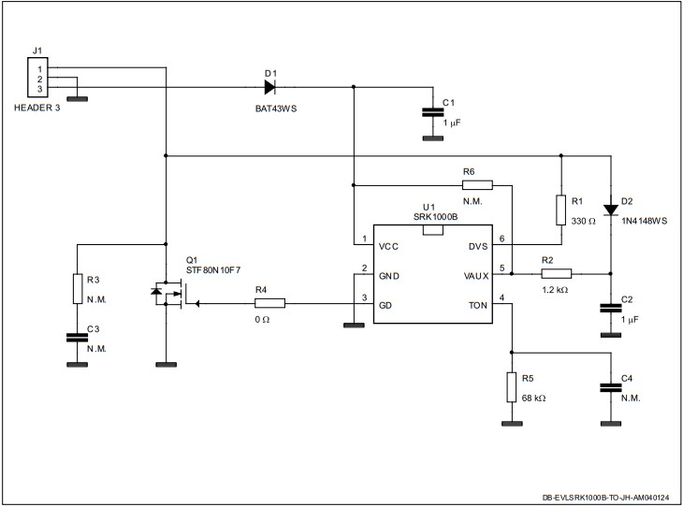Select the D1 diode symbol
tap(269, 87)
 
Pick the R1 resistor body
tap(560, 210)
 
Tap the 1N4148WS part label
tap(644, 222)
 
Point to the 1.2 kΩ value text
tap(556, 291)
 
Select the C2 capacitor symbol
tap(610, 308)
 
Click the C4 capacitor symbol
tap(610, 386)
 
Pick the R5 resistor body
tap(512, 386)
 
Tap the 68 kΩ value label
tap(533, 398)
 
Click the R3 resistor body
tap(76, 289)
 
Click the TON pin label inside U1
tap(476, 306)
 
